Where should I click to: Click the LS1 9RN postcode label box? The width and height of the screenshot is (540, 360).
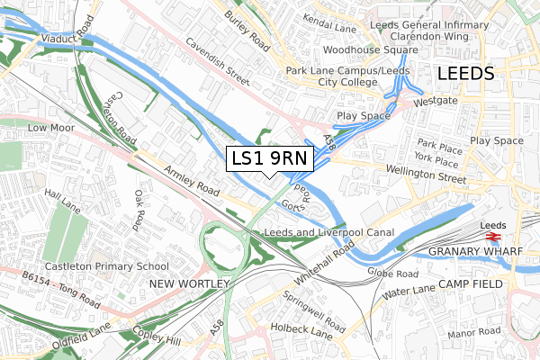click(269, 159)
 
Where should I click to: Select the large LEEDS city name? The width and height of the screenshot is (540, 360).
click(465, 74)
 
